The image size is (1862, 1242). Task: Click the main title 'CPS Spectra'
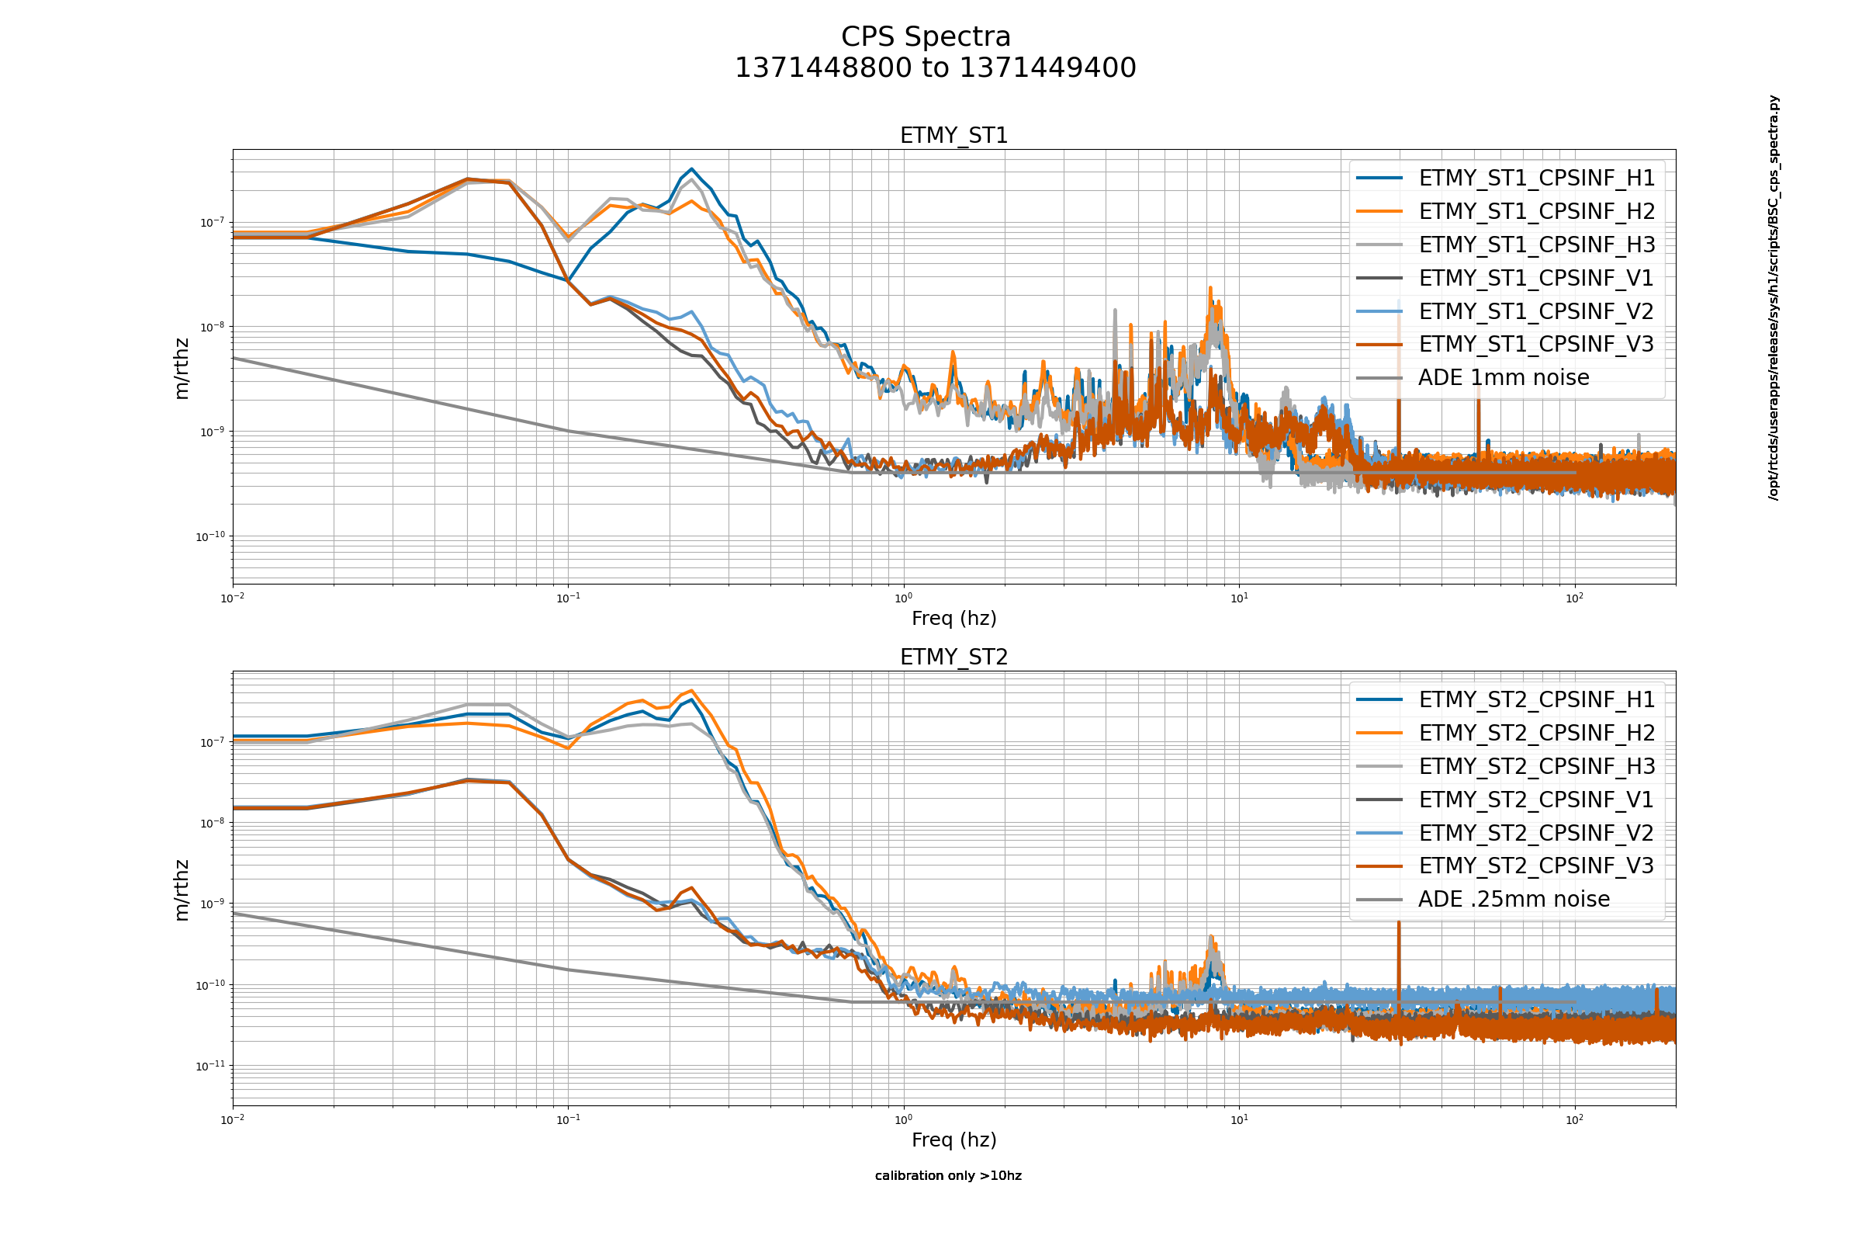coord(926,37)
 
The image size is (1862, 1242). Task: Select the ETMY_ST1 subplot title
coord(954,135)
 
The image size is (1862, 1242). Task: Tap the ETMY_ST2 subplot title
coord(954,657)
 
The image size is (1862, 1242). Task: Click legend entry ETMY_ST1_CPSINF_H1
coord(1536,179)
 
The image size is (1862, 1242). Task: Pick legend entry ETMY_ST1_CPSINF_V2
coord(1536,311)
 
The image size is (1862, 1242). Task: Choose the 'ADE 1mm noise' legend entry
coord(1503,378)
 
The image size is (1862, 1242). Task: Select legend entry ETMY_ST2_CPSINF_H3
coord(1536,766)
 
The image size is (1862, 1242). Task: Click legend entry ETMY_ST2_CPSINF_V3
coord(1536,866)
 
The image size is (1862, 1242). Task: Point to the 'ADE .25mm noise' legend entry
coord(1513,899)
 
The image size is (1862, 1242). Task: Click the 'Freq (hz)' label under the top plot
coord(954,618)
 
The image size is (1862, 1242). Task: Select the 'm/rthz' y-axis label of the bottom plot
coord(182,890)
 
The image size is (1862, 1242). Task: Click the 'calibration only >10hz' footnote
coord(947,1175)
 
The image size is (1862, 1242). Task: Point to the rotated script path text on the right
coord(1774,297)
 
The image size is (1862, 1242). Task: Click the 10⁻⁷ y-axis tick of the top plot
coord(211,223)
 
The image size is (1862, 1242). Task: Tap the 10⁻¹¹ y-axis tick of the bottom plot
coord(209,1066)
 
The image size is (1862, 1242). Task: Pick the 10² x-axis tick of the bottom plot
coord(1574,1120)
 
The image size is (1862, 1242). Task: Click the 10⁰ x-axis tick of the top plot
coord(903,598)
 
